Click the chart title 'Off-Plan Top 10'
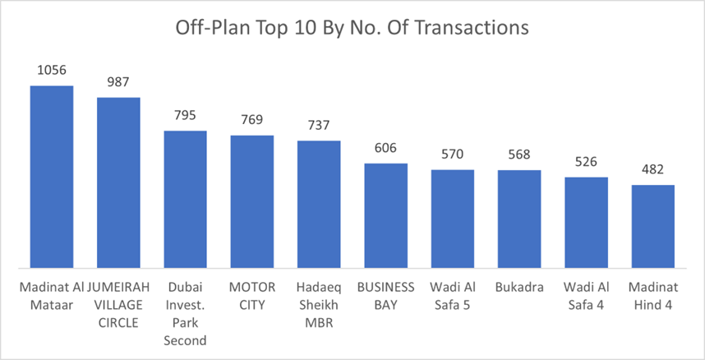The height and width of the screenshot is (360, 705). (x=352, y=28)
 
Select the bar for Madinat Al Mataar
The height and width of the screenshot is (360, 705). (x=52, y=177)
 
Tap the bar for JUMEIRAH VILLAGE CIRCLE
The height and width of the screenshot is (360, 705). (x=118, y=182)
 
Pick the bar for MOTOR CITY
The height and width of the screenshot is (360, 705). (x=252, y=201)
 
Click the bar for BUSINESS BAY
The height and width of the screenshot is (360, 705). (x=386, y=215)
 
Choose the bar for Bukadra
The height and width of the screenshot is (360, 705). (x=519, y=219)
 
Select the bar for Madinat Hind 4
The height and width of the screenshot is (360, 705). (x=653, y=226)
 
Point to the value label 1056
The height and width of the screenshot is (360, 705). (x=52, y=71)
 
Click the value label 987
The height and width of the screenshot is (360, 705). (x=118, y=82)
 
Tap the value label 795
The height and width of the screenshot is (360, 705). (x=186, y=116)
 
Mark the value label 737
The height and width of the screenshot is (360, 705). (x=319, y=126)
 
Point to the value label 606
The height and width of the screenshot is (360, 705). (x=386, y=148)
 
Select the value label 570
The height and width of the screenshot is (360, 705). (x=453, y=155)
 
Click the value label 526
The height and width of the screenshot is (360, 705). (x=586, y=162)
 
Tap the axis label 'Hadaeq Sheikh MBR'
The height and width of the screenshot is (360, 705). (x=319, y=303)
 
